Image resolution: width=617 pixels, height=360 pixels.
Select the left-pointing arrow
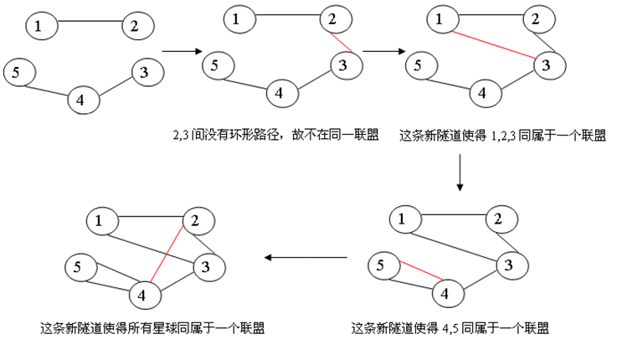[x=306, y=257]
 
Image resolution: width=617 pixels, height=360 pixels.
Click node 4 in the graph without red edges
[x=80, y=100]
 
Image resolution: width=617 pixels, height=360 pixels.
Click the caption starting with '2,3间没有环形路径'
[x=273, y=135]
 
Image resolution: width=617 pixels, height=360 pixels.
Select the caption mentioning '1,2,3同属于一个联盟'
[x=502, y=135]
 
